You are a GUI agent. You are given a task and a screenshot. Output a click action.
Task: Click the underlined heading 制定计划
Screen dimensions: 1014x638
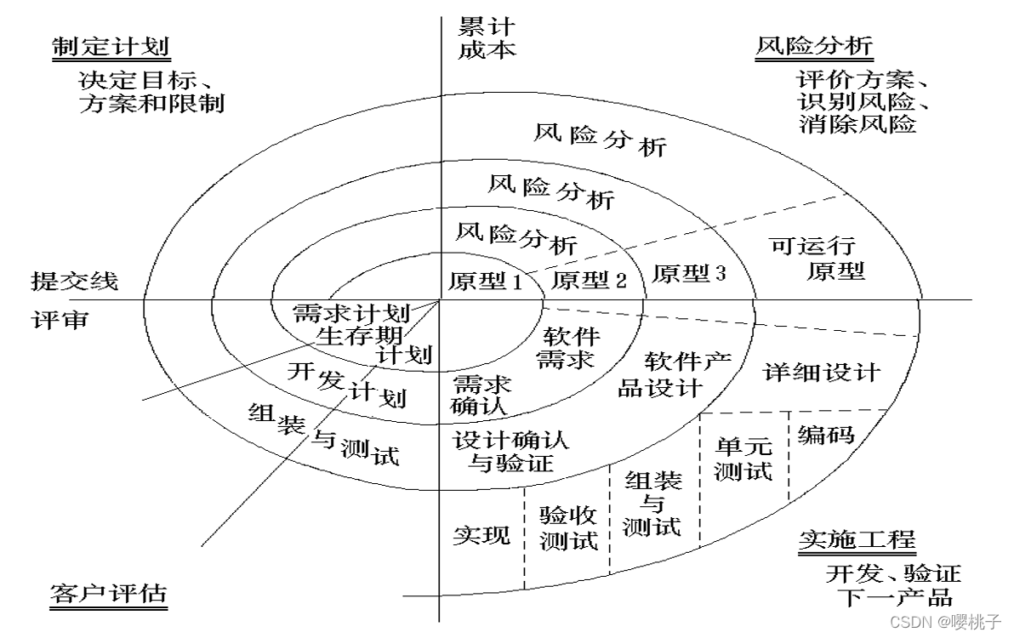[111, 47]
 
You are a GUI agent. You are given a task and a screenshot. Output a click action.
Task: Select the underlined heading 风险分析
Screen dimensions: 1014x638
[814, 46]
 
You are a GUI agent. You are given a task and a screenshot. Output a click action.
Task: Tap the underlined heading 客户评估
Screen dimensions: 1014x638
[109, 594]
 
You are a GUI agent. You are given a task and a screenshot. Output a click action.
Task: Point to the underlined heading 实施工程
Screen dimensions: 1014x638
[857, 539]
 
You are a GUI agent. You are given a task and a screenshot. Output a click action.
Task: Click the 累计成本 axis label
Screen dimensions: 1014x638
[487, 38]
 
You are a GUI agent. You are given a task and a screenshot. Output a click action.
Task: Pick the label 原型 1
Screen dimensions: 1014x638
[486, 282]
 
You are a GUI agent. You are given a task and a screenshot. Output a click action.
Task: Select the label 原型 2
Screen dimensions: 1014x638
[590, 280]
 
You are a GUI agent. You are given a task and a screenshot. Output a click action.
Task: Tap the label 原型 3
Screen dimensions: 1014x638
[689, 273]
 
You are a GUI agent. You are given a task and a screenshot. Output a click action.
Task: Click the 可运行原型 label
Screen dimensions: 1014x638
[816, 258]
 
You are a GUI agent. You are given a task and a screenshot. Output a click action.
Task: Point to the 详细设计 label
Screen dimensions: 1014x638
[822, 373]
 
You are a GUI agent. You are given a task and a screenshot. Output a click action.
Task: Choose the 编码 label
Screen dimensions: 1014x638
[826, 435]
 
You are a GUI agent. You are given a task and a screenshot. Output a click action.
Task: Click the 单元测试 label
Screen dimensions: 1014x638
[743, 459]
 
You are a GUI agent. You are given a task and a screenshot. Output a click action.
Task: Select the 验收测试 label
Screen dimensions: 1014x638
[568, 527]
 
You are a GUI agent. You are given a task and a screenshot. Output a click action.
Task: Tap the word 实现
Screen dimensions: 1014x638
[481, 534]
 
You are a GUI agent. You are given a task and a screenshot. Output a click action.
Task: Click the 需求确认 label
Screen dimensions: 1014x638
[481, 395]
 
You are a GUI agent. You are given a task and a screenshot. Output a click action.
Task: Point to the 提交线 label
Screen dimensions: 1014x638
[75, 282]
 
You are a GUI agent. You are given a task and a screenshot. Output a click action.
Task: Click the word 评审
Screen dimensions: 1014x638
[60, 319]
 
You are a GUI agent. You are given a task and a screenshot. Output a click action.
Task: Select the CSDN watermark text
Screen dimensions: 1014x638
[945, 622]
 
